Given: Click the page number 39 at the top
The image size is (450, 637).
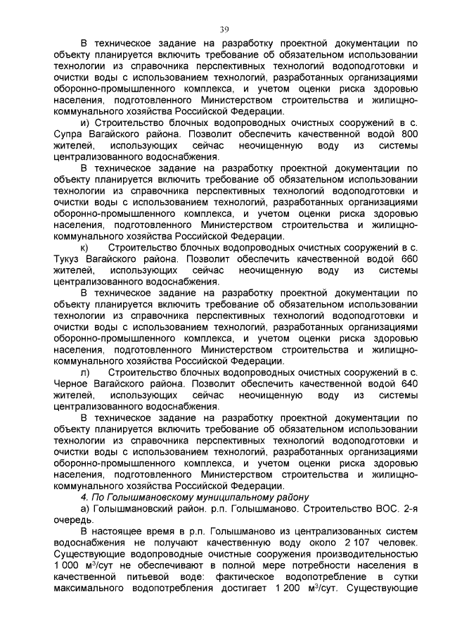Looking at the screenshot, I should tap(224, 29).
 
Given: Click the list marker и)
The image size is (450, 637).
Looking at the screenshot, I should tap(85, 123).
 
